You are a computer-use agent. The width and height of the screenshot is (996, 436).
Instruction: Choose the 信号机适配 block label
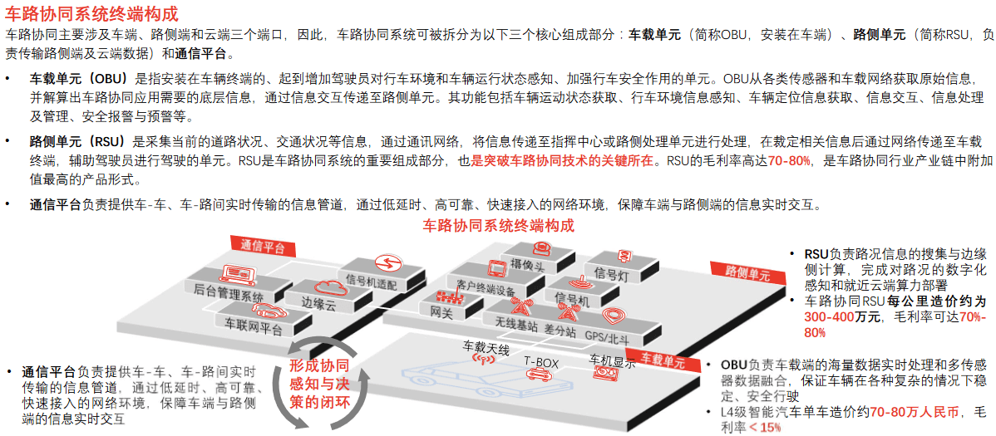pos(371,282)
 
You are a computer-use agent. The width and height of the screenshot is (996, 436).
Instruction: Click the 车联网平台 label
pos(249,329)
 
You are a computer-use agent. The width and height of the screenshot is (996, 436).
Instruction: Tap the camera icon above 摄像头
pos(541,248)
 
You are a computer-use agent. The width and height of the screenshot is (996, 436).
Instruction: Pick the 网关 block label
pos(441,313)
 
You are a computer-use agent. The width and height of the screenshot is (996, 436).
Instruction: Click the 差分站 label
pos(560,331)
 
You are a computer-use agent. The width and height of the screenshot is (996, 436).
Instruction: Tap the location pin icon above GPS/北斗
pos(612,317)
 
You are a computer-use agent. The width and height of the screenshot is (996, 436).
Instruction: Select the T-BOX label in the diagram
pos(541,362)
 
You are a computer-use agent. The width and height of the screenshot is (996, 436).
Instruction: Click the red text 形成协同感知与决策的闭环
pos(318,385)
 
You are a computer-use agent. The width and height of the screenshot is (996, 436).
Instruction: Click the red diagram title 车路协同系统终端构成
pos(498,226)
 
